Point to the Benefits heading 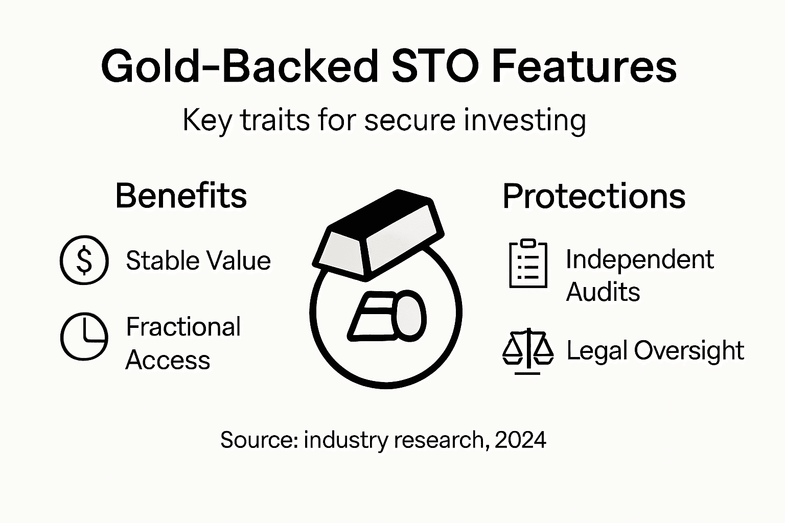[x=181, y=196]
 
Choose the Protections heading [x=593, y=196]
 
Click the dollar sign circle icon [x=84, y=260]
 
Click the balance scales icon [x=528, y=351]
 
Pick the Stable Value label [x=198, y=260]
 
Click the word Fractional [x=183, y=327]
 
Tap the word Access [x=168, y=360]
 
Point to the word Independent [x=639, y=259]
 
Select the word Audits [x=603, y=293]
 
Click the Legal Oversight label [x=655, y=351]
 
